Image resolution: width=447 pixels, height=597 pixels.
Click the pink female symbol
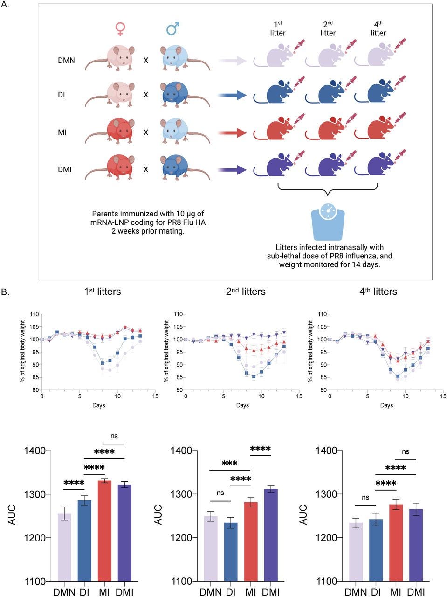(x=120, y=29)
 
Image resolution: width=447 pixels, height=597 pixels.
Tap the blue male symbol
(x=173, y=29)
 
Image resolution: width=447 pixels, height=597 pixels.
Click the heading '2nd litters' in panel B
(x=246, y=292)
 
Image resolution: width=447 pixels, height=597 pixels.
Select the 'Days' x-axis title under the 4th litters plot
(x=386, y=405)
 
